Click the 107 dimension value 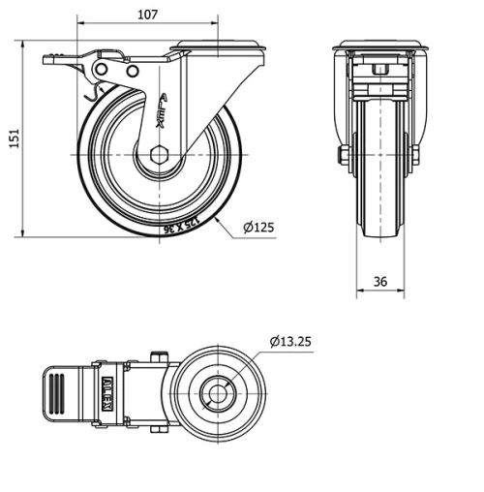(148, 15)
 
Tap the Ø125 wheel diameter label (258, 228)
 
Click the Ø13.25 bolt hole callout (290, 341)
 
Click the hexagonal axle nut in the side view (157, 155)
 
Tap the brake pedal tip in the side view (48, 60)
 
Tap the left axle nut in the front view (343, 155)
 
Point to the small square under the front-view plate (379, 71)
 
